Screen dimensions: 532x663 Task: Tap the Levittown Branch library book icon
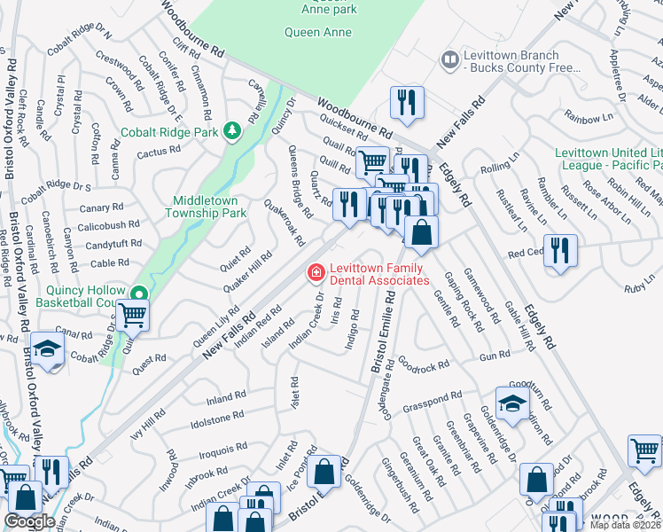pos(450,60)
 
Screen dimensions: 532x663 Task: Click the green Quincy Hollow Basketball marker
pos(138,295)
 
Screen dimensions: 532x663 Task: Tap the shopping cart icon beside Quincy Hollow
pos(132,315)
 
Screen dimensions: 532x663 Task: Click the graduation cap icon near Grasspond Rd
pos(512,403)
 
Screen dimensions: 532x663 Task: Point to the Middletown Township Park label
pos(209,207)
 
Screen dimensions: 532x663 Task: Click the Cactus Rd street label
pos(159,153)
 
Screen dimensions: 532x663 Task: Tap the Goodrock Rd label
pos(418,364)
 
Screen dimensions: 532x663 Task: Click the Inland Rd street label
pos(226,396)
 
